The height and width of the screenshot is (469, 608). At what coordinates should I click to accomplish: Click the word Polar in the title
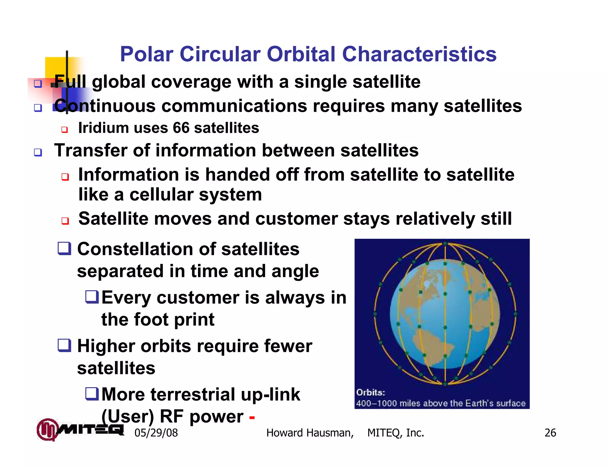point(146,54)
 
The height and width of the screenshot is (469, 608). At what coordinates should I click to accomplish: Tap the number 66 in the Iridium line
point(181,128)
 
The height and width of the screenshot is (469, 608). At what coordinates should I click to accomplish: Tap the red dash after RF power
point(252,417)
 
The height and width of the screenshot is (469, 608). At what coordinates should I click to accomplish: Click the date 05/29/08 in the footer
point(156,433)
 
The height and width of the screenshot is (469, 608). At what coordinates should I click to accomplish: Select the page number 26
point(550,433)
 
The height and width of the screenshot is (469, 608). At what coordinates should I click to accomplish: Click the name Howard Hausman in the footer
point(310,433)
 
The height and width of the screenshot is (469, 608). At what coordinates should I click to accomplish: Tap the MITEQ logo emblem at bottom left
point(47,429)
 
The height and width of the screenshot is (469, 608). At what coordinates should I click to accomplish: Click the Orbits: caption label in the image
point(370,393)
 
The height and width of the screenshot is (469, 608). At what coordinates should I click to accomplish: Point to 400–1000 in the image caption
point(376,403)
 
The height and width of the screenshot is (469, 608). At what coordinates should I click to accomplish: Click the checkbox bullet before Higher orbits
point(64,345)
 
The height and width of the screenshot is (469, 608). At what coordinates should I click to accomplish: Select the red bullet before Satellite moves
point(65,221)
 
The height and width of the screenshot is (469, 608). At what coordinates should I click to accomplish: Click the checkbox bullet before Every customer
point(92,297)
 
